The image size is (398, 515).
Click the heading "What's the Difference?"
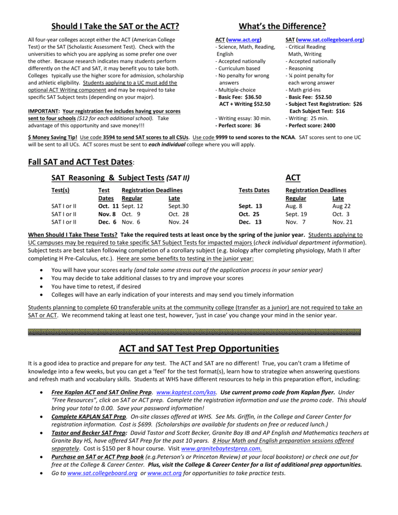(282, 26)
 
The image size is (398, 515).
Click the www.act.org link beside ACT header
(244, 39)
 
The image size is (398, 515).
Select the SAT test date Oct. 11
(108, 206)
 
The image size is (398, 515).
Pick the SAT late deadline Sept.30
(179, 206)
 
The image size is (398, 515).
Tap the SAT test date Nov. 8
(108, 214)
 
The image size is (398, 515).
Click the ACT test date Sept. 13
(250, 206)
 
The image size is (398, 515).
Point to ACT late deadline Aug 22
(342, 206)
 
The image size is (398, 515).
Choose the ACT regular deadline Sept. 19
(296, 214)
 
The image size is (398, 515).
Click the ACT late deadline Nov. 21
(342, 222)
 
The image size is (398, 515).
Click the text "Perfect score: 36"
(238, 126)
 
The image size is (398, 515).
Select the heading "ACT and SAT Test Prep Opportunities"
(199, 349)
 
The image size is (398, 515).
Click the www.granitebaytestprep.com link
(221, 448)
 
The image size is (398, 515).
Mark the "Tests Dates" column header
(254, 190)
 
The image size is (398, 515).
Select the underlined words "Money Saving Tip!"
(48, 137)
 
